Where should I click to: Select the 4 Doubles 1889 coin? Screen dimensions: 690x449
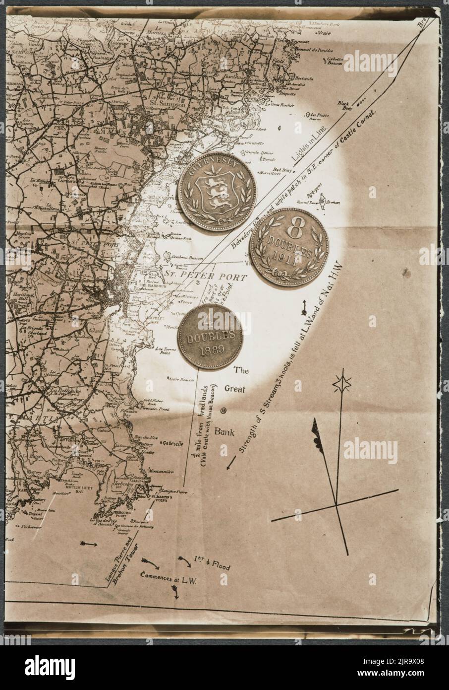(x=210, y=337)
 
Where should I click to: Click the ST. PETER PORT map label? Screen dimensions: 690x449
(x=205, y=276)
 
